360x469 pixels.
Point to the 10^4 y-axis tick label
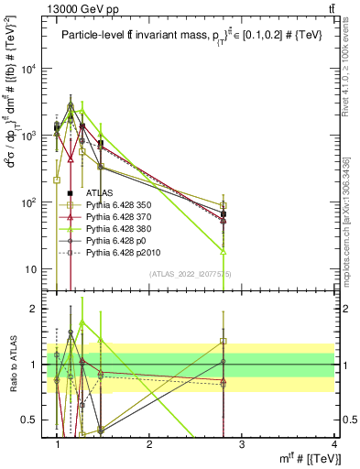click(x=32, y=69)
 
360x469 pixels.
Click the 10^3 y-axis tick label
click(x=32, y=136)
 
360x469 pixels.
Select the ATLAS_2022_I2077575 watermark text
click(x=190, y=274)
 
